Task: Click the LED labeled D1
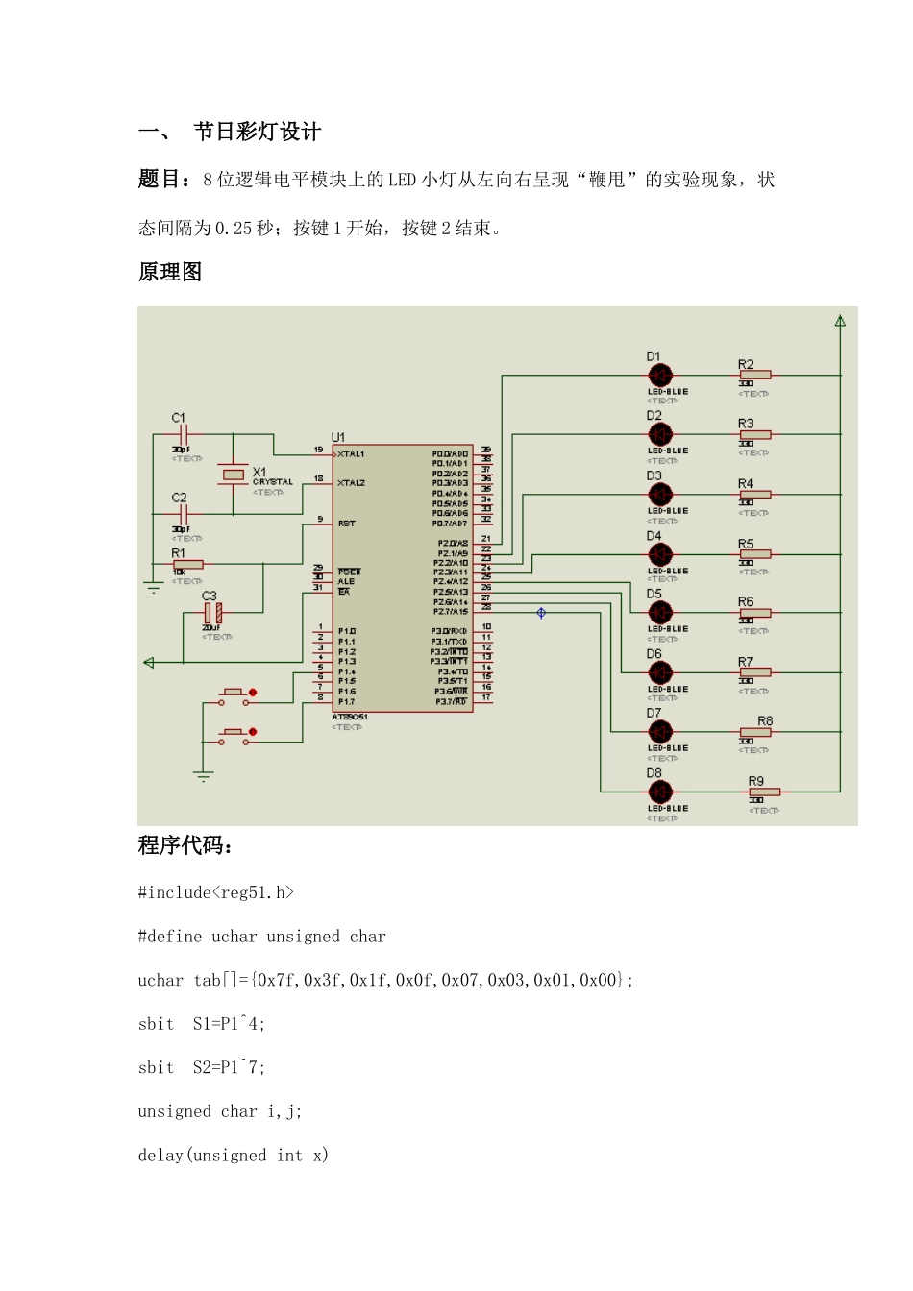(660, 376)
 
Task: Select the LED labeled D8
(660, 792)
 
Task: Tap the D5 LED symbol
(660, 613)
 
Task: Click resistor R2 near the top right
(754, 375)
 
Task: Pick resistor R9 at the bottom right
(764, 792)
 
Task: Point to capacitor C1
(183, 435)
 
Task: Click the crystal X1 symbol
(233, 475)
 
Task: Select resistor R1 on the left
(187, 565)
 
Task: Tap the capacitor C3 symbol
(213, 612)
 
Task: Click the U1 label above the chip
(338, 437)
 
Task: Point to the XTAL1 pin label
(351, 453)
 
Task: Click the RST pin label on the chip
(346, 524)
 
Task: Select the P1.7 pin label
(347, 701)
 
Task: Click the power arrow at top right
(840, 321)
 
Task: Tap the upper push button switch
(233, 693)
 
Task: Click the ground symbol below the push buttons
(203, 774)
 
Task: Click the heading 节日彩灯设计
(257, 132)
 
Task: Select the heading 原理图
(170, 272)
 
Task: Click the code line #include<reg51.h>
(216, 892)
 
